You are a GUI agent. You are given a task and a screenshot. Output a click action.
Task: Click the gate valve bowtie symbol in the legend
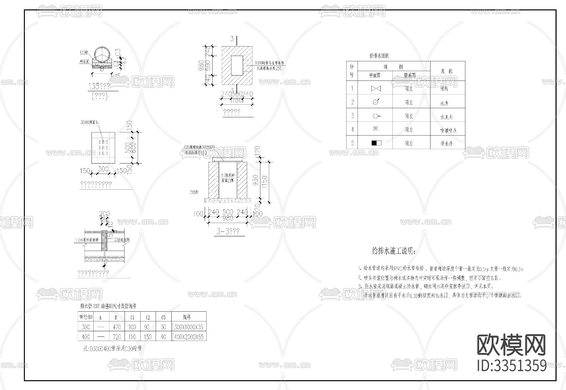[376, 89]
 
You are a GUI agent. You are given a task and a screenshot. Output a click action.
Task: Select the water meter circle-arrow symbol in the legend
[376, 102]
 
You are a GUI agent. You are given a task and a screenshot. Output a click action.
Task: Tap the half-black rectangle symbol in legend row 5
[376, 143]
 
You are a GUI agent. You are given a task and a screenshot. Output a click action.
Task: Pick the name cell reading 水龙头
[447, 117]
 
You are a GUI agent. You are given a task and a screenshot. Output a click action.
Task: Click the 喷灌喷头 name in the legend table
[448, 130]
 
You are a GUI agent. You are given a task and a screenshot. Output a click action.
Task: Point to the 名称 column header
[447, 71]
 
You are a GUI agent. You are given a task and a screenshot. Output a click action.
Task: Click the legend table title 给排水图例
[379, 56]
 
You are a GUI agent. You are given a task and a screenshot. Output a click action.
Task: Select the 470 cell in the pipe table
[117, 327]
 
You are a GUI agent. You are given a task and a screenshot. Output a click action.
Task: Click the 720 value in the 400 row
[117, 337]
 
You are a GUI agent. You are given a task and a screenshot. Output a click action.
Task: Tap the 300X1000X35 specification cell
[188, 327]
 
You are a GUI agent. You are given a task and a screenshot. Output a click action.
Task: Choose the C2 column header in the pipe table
[148, 317]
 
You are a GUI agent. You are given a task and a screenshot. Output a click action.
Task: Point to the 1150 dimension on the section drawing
[264, 181]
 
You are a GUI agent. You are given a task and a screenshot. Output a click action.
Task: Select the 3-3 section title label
[228, 232]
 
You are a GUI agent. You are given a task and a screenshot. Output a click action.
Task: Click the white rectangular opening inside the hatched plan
[237, 65]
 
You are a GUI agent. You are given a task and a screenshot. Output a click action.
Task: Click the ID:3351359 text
[512, 365]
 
